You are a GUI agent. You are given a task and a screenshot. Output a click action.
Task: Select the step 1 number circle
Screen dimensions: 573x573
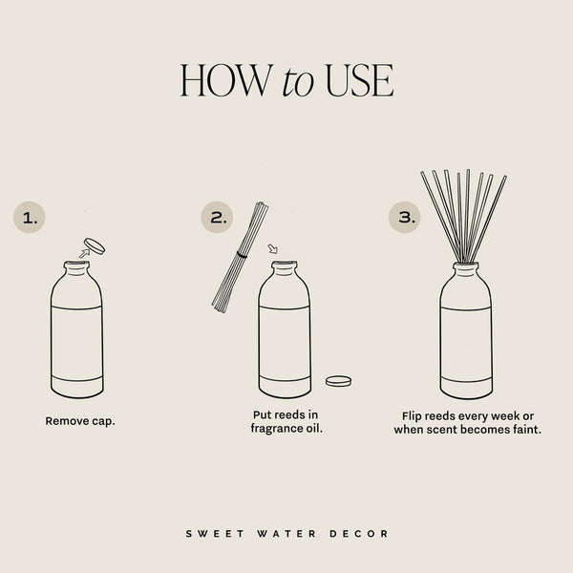click(x=31, y=218)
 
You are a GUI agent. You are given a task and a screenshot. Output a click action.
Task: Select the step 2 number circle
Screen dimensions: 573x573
click(x=219, y=218)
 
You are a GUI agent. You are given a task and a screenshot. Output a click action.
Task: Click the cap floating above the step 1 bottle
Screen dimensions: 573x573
click(x=95, y=245)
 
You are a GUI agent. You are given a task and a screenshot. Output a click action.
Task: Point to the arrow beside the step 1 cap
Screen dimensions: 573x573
click(x=82, y=254)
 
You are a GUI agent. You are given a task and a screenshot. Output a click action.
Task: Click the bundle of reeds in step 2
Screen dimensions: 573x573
click(x=239, y=256)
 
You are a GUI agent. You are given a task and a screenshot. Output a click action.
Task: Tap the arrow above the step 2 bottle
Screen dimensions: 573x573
click(x=274, y=250)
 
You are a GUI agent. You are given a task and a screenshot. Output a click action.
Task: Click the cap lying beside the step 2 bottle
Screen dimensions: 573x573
click(x=338, y=381)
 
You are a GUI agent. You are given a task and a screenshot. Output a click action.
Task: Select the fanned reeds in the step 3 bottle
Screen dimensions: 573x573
click(x=463, y=215)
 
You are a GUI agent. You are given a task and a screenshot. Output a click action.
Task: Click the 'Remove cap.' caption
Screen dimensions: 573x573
click(x=80, y=420)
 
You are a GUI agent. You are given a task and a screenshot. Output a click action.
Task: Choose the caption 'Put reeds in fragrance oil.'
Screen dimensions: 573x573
click(x=286, y=422)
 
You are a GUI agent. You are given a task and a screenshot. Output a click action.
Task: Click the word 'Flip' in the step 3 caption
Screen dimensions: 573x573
click(x=416, y=416)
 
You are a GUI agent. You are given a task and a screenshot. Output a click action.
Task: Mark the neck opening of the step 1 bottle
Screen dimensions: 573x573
click(x=76, y=265)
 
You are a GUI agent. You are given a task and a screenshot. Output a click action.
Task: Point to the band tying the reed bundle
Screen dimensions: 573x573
click(x=242, y=256)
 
